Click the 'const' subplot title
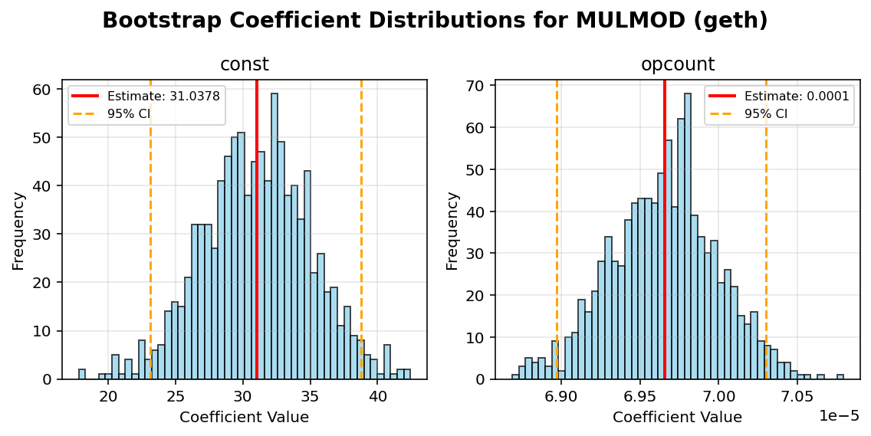245,64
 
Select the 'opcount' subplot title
678,64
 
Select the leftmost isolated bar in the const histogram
82,375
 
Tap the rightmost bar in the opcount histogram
840,377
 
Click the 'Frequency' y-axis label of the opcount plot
453,230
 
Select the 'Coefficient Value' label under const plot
244,418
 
